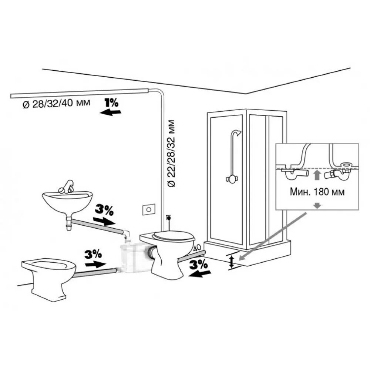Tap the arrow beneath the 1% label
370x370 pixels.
point(110,112)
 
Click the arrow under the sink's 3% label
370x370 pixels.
point(104,221)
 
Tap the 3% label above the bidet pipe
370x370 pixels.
point(93,254)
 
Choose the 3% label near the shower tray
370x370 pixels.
point(199,264)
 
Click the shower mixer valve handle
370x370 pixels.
point(230,179)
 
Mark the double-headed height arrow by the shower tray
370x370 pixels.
point(232,261)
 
